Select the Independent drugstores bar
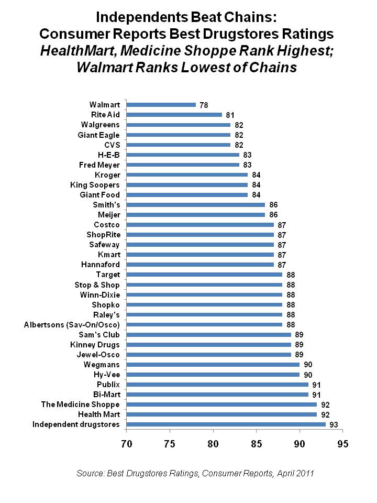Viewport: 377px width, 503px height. click(225, 424)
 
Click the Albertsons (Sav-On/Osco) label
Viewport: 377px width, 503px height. click(72, 324)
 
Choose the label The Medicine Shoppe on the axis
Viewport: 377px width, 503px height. click(81, 404)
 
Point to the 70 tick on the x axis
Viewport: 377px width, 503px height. click(126, 443)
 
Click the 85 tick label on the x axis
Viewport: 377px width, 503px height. click(256, 443)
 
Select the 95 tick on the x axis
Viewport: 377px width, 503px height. click(342, 443)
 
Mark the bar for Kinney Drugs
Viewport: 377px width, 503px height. click(208, 344)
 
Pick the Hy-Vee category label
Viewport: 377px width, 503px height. click(106, 374)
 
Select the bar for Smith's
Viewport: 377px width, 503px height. click(195, 204)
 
